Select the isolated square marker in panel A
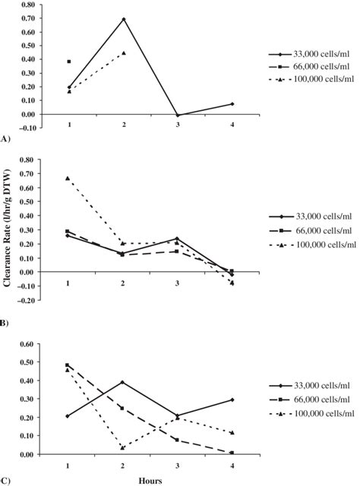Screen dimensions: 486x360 (x=69, y=62)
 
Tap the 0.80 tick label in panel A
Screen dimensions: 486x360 (x=27, y=5)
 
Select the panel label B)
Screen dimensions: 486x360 (x=6, y=323)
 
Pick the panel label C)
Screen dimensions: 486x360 (x=6, y=480)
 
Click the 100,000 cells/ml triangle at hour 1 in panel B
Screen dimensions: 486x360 (x=69, y=178)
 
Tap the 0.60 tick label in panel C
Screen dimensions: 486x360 (x=27, y=343)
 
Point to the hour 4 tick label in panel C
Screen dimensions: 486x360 (x=232, y=465)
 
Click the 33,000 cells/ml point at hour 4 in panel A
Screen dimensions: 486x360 (x=232, y=104)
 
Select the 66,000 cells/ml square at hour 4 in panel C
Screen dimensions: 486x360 (x=232, y=453)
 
